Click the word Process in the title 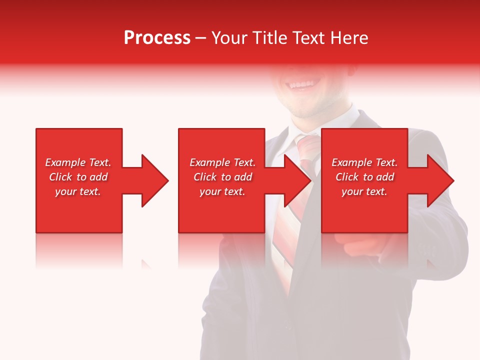[x=157, y=38]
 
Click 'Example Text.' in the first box [x=78, y=162]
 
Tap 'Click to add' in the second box [x=222, y=177]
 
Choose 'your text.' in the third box [x=364, y=191]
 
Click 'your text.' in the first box [x=78, y=191]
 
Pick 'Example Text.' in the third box [x=364, y=162]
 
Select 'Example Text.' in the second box [x=222, y=162]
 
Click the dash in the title [x=200, y=38]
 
